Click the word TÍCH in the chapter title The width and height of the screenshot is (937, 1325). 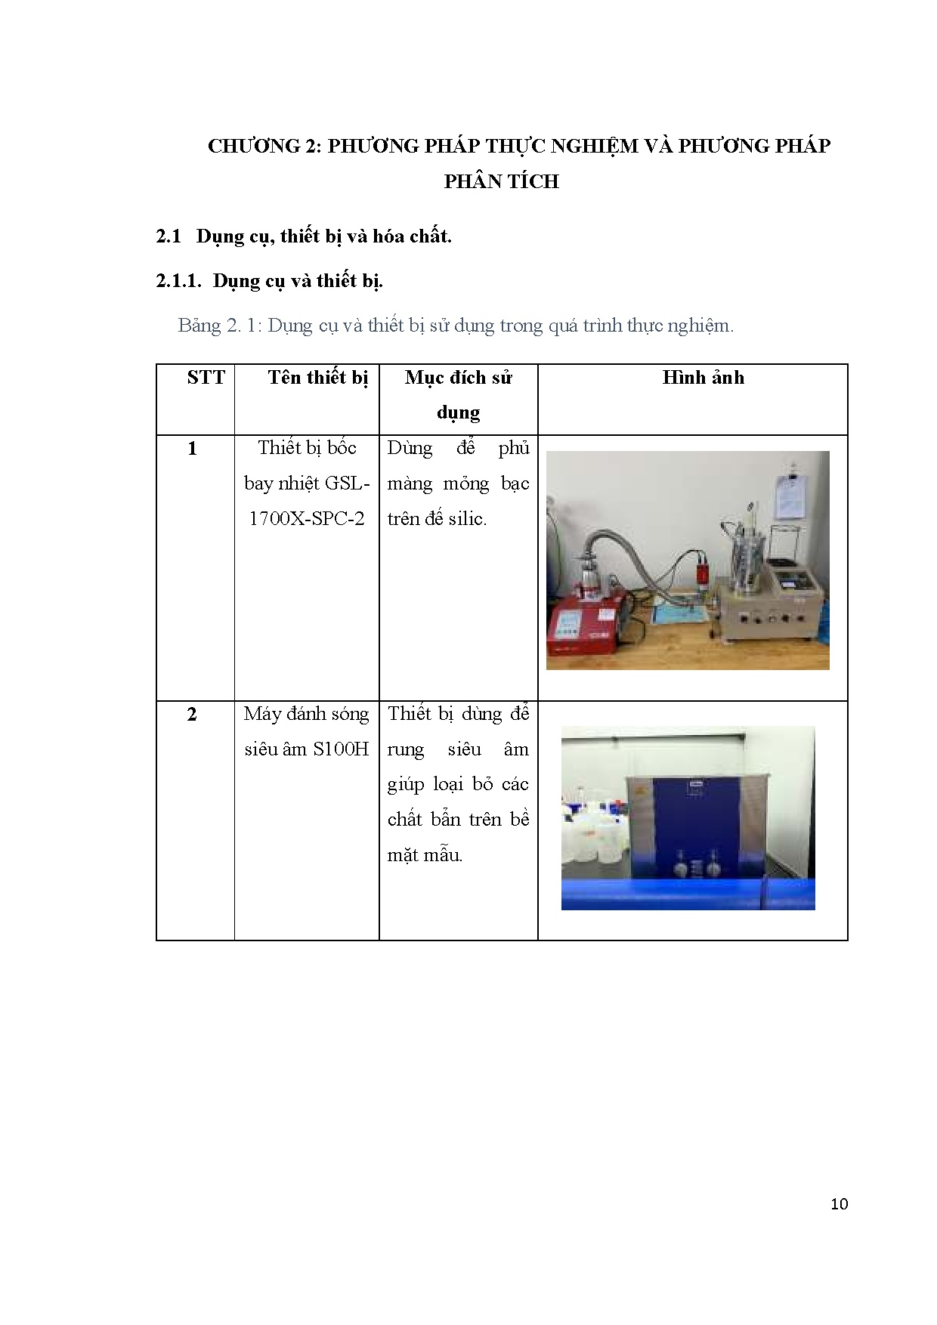pyautogui.click(x=533, y=181)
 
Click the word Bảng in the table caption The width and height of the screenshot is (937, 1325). pyautogui.click(x=199, y=326)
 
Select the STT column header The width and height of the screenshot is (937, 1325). pyautogui.click(x=206, y=377)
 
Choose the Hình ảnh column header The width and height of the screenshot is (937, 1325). pyautogui.click(x=703, y=377)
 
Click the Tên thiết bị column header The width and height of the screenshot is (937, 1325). pyautogui.click(x=318, y=378)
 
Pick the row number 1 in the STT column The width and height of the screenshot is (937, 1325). pyautogui.click(x=192, y=449)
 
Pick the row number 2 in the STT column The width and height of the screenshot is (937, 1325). pyautogui.click(x=192, y=714)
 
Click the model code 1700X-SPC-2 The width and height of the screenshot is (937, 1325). pyautogui.click(x=307, y=519)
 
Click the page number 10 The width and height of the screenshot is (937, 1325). pyautogui.click(x=839, y=1204)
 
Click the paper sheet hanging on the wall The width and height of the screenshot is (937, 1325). pyautogui.click(x=793, y=494)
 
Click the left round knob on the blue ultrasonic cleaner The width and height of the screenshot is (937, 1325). pyautogui.click(x=682, y=866)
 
